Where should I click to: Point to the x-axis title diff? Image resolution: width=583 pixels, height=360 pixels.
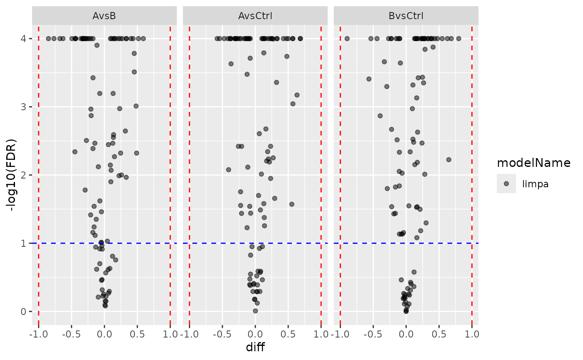coord(255,348)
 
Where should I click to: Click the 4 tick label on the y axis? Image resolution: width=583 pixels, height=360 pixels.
coord(25,39)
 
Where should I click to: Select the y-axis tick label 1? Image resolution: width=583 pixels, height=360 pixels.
coord(25,243)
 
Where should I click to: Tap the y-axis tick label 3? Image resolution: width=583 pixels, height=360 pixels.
coord(25,107)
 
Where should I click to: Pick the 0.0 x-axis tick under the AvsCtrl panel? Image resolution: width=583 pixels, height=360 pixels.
coord(255,334)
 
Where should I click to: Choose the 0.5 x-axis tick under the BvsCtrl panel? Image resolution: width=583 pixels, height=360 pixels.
coord(439,334)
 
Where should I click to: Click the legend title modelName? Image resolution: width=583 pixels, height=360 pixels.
coord(533,163)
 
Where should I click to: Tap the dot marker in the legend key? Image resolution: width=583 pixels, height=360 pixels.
coord(506,184)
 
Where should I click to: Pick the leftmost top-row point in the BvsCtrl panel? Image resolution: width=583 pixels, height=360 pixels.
coord(347,39)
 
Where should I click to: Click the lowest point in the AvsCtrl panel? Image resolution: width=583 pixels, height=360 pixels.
coord(255,311)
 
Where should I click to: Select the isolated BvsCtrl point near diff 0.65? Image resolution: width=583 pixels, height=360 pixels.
coord(448,159)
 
